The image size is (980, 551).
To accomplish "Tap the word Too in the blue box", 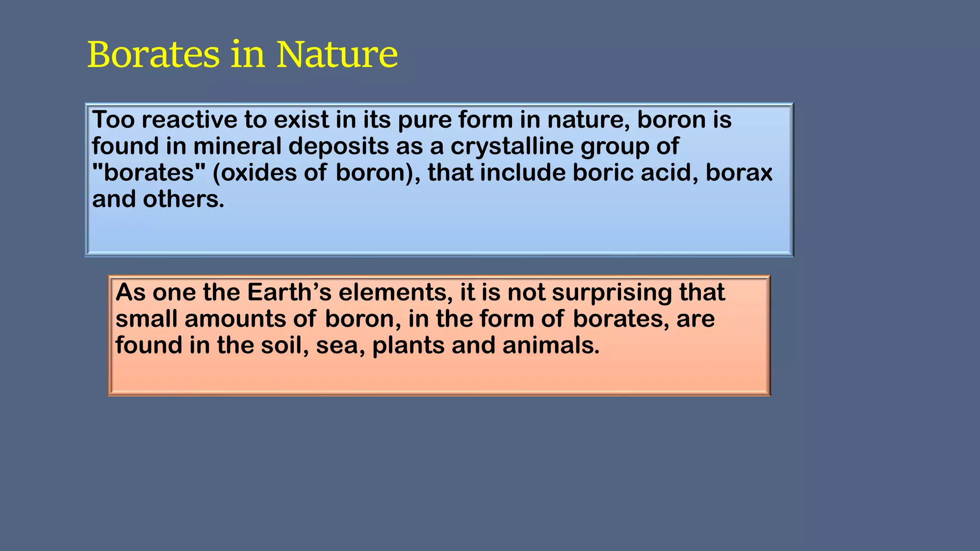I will [113, 120].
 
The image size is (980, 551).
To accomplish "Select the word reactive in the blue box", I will [189, 120].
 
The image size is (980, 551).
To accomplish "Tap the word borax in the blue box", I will [739, 172].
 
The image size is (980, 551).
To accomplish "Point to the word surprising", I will [612, 293].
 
